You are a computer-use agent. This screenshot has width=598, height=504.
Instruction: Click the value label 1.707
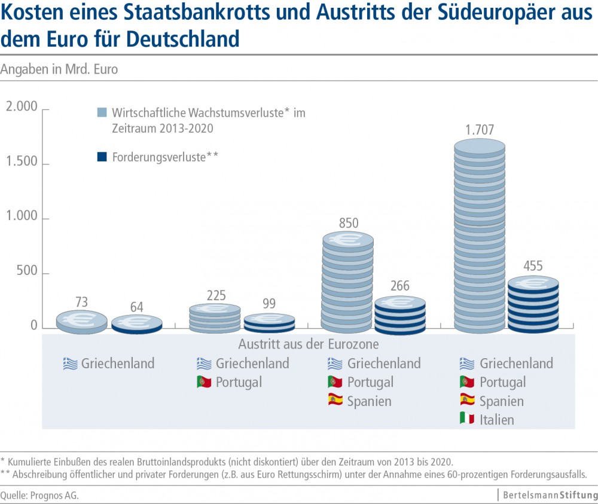pos(480,129)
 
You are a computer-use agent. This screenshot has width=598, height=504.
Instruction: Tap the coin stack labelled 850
pos(348,281)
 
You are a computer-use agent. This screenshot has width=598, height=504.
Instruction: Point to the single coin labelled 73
pos(82,321)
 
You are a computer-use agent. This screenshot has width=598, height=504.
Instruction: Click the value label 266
pos(400,286)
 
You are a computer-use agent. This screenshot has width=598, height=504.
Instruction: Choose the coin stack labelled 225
pos(215,318)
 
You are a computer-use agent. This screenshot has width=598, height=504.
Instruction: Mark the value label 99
pos(269,303)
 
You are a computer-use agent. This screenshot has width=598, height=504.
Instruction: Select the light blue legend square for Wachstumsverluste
pos(102,113)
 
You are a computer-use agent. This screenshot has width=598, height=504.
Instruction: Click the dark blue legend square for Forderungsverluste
pos(102,157)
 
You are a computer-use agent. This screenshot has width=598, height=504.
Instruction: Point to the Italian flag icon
pos(466,419)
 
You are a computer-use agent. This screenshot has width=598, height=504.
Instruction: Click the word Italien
pos(497,420)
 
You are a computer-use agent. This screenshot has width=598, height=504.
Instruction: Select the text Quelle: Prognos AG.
pos(39,496)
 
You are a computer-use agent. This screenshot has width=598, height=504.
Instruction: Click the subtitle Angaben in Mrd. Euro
pos(59,69)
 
